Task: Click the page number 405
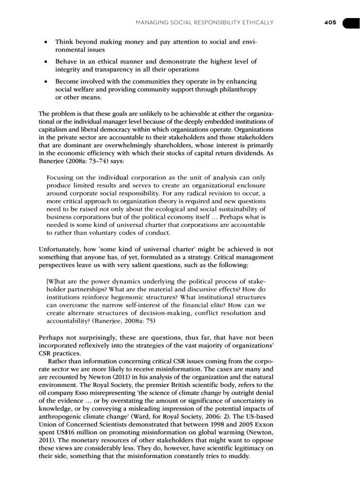point(330,22)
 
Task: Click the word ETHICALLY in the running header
point(255,22)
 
